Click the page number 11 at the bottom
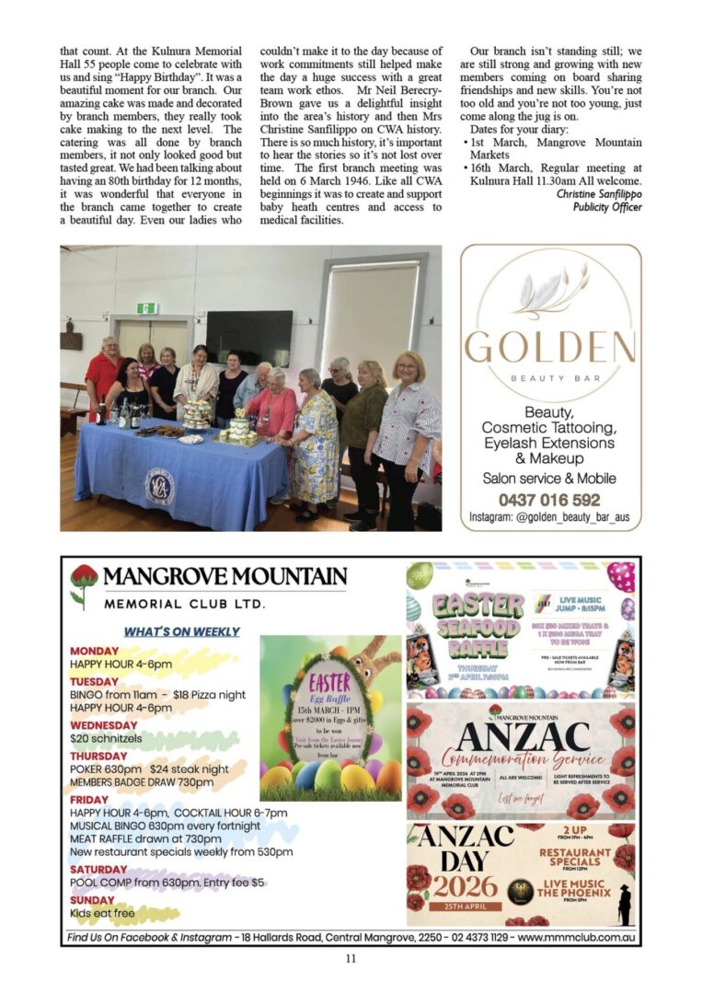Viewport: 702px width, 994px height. (351, 958)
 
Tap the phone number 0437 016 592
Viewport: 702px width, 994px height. (549, 501)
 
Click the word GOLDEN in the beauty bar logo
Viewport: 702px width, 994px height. (549, 347)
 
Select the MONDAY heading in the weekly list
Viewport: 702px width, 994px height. (94, 651)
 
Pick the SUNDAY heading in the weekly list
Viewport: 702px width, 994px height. (92, 900)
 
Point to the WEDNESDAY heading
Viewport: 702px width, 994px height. (104, 725)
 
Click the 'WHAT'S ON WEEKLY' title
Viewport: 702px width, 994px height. (181, 631)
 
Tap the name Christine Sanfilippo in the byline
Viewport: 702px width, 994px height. (599, 194)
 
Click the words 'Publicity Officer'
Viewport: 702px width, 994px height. (607, 207)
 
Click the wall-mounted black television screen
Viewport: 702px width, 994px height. (249, 338)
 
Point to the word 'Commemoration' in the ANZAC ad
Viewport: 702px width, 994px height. (524, 759)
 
